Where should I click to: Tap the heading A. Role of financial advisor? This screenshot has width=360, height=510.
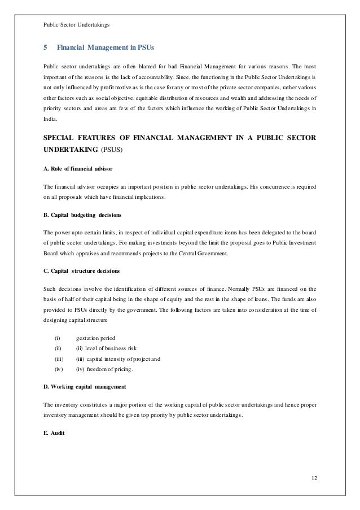(x=72, y=168)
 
